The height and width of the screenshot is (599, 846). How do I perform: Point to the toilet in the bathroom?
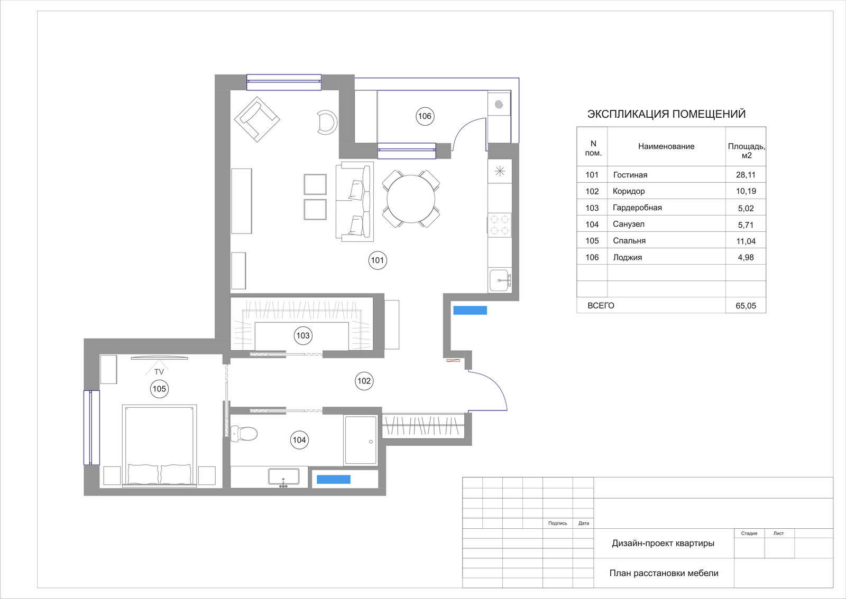tap(244, 434)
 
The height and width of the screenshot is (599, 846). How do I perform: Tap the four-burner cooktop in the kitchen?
tap(500, 225)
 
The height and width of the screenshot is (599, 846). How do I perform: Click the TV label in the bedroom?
tap(159, 372)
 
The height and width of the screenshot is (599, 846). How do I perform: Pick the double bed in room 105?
tap(159, 446)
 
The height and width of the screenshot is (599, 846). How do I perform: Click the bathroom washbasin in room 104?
tap(283, 477)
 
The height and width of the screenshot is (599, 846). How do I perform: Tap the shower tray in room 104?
tap(361, 440)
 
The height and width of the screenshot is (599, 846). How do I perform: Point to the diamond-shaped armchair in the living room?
tap(257, 119)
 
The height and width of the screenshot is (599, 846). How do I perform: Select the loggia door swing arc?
tap(462, 127)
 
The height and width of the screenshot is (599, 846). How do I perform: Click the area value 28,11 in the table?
tap(746, 175)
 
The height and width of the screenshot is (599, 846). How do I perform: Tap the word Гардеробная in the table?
tap(637, 208)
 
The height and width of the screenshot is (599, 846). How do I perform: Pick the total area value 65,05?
tap(746, 306)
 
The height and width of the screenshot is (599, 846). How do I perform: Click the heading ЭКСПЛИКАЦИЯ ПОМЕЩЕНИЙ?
tap(666, 114)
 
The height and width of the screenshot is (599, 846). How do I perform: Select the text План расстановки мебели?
tap(664, 573)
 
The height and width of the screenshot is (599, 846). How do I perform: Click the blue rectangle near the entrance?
tap(470, 310)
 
